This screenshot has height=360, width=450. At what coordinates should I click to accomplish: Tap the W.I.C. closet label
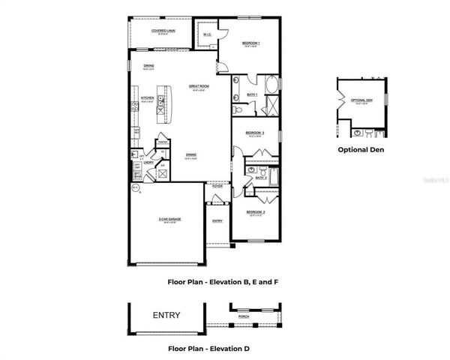(207, 33)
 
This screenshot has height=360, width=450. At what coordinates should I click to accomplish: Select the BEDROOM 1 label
(250, 43)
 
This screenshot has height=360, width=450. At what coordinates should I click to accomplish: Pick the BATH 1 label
(252, 94)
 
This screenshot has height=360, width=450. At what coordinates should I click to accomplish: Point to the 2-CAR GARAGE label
(169, 219)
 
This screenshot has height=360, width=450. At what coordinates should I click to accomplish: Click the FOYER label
(217, 185)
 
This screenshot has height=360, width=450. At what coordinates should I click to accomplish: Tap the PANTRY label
(161, 142)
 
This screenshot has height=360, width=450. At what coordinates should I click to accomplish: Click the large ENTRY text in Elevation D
(166, 315)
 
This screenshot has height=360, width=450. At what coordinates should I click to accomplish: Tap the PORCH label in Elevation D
(243, 316)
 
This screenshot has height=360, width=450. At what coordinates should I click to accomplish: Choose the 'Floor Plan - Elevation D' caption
(208, 349)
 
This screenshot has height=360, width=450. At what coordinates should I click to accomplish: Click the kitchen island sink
(160, 111)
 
